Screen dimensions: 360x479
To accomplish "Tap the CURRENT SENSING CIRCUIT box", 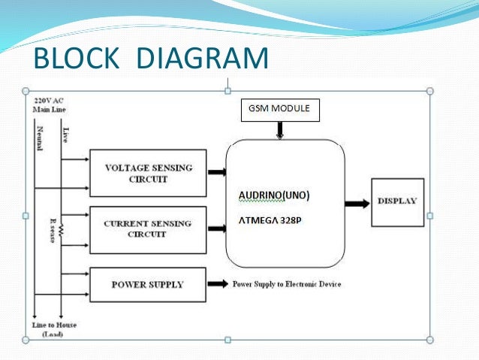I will pos(147,228).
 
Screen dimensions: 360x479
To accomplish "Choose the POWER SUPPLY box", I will pos(147,284).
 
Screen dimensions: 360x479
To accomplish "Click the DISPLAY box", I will pos(397,201).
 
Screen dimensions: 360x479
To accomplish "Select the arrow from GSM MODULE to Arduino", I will pos(280,131).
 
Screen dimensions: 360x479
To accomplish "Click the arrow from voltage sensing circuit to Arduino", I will pos(217,172).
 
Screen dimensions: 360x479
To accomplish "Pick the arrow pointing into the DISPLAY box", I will pos(357,203).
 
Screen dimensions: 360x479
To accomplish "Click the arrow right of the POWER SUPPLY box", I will pos(218,284).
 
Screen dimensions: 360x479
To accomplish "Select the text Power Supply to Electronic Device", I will pos(286,284).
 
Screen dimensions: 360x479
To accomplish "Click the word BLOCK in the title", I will pos(77,59).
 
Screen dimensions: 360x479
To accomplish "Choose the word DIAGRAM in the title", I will pos(203,59).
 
